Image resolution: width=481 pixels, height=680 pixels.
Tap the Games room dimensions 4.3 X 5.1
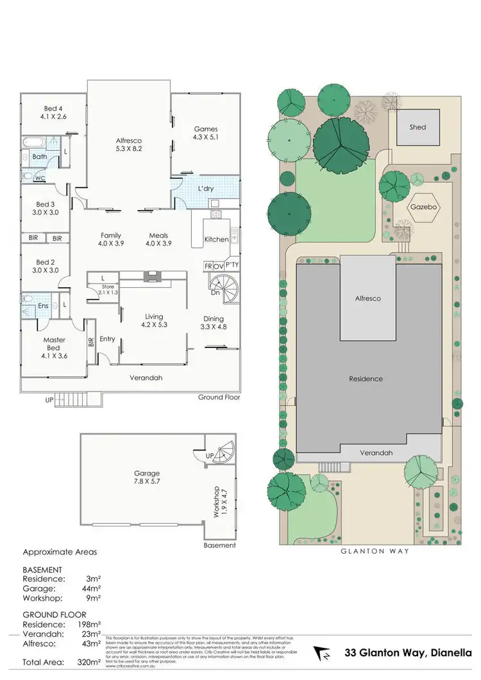205,137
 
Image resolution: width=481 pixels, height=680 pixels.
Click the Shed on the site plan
418,127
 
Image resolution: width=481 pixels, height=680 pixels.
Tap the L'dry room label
205,190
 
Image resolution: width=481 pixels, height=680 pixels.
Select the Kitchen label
216,239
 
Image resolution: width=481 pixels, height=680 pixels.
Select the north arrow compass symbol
323,654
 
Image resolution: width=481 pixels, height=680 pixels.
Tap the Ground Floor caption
219,397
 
